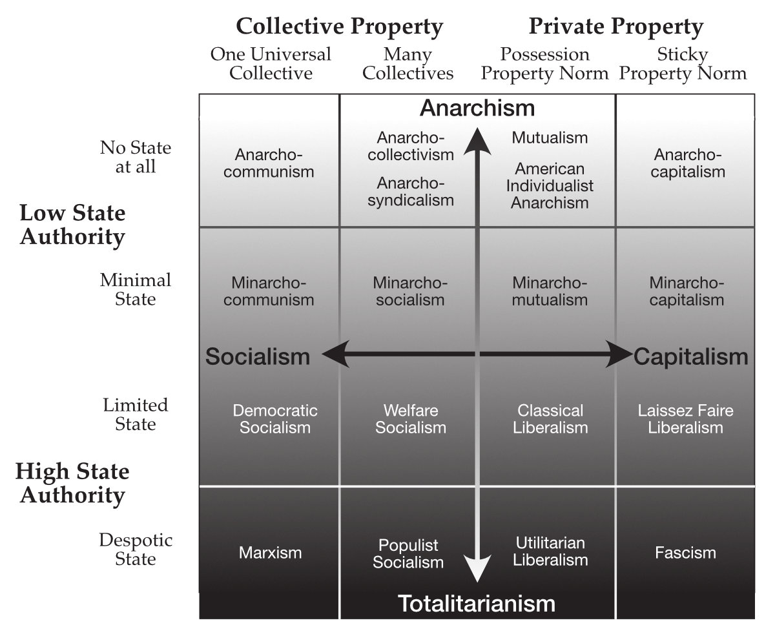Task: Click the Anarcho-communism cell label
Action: [269, 163]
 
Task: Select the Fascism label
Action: [685, 553]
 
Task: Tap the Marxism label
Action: [270, 553]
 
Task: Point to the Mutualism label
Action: [550, 138]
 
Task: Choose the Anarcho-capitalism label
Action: [688, 163]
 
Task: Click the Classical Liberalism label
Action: [550, 419]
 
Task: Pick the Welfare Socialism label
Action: [411, 419]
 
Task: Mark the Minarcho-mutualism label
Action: [550, 291]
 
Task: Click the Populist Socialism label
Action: [408, 553]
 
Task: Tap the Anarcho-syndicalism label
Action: [411, 192]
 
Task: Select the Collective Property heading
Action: [339, 27]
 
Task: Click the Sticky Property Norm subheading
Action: [683, 64]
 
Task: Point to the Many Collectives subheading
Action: [408, 64]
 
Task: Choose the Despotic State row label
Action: [136, 549]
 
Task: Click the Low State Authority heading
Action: [72, 224]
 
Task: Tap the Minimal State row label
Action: [136, 289]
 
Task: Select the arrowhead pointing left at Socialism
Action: [335, 354]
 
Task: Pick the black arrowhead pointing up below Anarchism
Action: [477, 141]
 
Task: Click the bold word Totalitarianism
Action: [477, 604]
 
